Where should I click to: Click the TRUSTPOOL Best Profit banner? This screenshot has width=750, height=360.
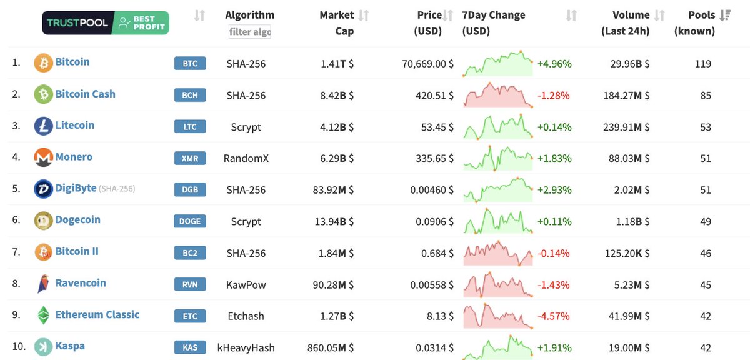106,23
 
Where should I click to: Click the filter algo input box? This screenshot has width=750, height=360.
250,32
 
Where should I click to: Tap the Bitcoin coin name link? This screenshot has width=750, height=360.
72,62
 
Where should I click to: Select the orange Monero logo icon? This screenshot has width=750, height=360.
43,158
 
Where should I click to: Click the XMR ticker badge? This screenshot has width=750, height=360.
190,159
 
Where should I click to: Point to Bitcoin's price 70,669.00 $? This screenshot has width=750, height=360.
427,64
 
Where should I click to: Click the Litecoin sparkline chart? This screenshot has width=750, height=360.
498,127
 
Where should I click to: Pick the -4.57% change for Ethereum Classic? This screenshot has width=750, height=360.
554,316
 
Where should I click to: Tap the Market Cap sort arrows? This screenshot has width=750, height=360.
364,16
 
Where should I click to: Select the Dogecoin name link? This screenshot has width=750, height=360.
77,220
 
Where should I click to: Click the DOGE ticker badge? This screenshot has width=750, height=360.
190,222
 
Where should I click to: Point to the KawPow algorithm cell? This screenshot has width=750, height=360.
246,285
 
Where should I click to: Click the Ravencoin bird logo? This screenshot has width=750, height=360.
43,284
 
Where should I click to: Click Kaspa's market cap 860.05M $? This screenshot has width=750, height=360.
331,348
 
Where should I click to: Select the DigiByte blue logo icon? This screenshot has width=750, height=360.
43,189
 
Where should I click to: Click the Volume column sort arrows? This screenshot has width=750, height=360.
659,16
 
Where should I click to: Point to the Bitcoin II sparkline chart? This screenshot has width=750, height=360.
498,253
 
